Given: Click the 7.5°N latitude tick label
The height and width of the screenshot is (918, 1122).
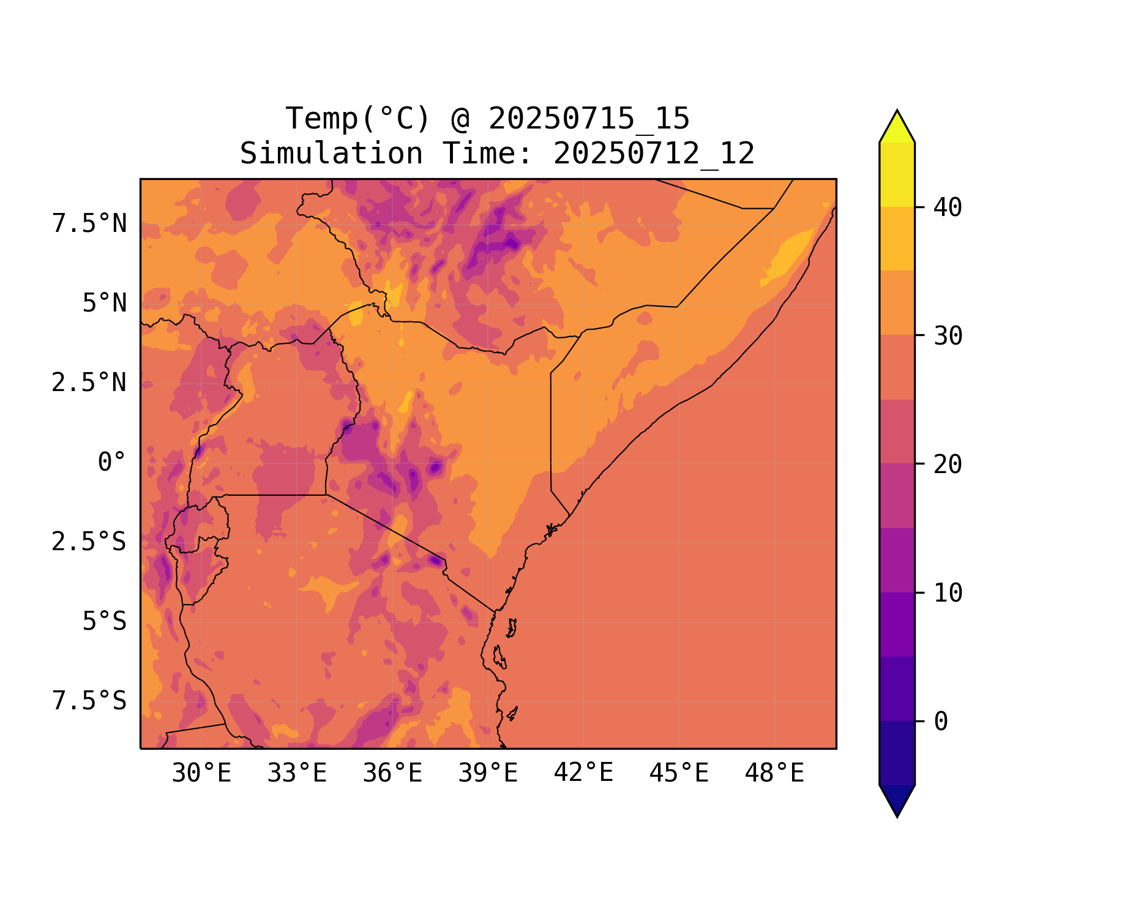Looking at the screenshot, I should coord(89,224).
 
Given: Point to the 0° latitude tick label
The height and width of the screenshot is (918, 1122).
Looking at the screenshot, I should coord(112,462).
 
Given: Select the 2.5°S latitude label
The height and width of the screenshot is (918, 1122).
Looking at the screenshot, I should coord(89,542).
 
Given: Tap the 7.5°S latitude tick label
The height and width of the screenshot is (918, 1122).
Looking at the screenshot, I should coord(89,701).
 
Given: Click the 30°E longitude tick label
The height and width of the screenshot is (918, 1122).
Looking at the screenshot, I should coord(201,774).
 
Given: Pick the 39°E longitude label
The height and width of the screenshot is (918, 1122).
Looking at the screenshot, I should coord(488,774).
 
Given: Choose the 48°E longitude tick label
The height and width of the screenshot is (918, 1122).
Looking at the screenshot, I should coord(774,774).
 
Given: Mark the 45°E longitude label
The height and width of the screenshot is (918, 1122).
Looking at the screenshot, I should coord(679,774).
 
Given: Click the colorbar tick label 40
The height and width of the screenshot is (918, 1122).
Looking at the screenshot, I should coord(948,207).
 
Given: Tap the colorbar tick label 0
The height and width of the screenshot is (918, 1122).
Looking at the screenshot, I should coord(941,722).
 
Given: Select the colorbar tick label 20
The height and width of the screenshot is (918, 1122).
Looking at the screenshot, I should coord(948,465).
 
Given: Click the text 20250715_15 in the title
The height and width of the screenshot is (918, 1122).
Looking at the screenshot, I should coord(589,119).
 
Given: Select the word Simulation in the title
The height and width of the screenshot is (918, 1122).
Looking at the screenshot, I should coord(331,154).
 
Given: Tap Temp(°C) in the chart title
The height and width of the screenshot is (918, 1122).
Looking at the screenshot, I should coord(358,119).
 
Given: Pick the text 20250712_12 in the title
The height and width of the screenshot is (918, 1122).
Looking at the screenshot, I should coord(654,154).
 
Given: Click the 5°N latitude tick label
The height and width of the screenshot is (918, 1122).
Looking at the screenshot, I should coord(105,303).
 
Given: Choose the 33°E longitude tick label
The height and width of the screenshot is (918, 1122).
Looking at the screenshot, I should coord(297,774).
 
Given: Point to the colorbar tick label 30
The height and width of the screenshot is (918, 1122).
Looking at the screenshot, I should coord(948,336).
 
